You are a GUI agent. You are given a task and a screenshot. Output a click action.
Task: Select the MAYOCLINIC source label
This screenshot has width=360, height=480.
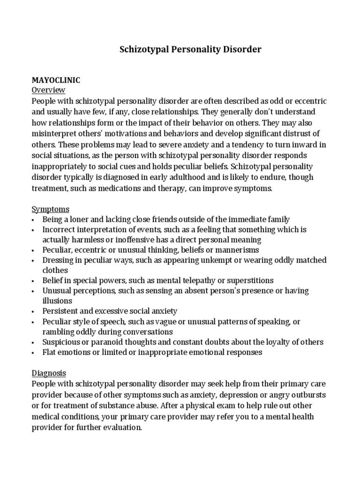pos(56,80)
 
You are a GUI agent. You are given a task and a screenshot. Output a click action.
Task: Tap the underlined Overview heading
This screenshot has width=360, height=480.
pos(48,90)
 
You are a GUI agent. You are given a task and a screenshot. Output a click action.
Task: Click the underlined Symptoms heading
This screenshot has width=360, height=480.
pos(50,209)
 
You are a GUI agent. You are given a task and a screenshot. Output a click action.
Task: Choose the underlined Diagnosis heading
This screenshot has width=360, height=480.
pos(49,373)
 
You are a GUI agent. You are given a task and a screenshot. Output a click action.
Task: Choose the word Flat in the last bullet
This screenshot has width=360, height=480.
pos(50,352)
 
